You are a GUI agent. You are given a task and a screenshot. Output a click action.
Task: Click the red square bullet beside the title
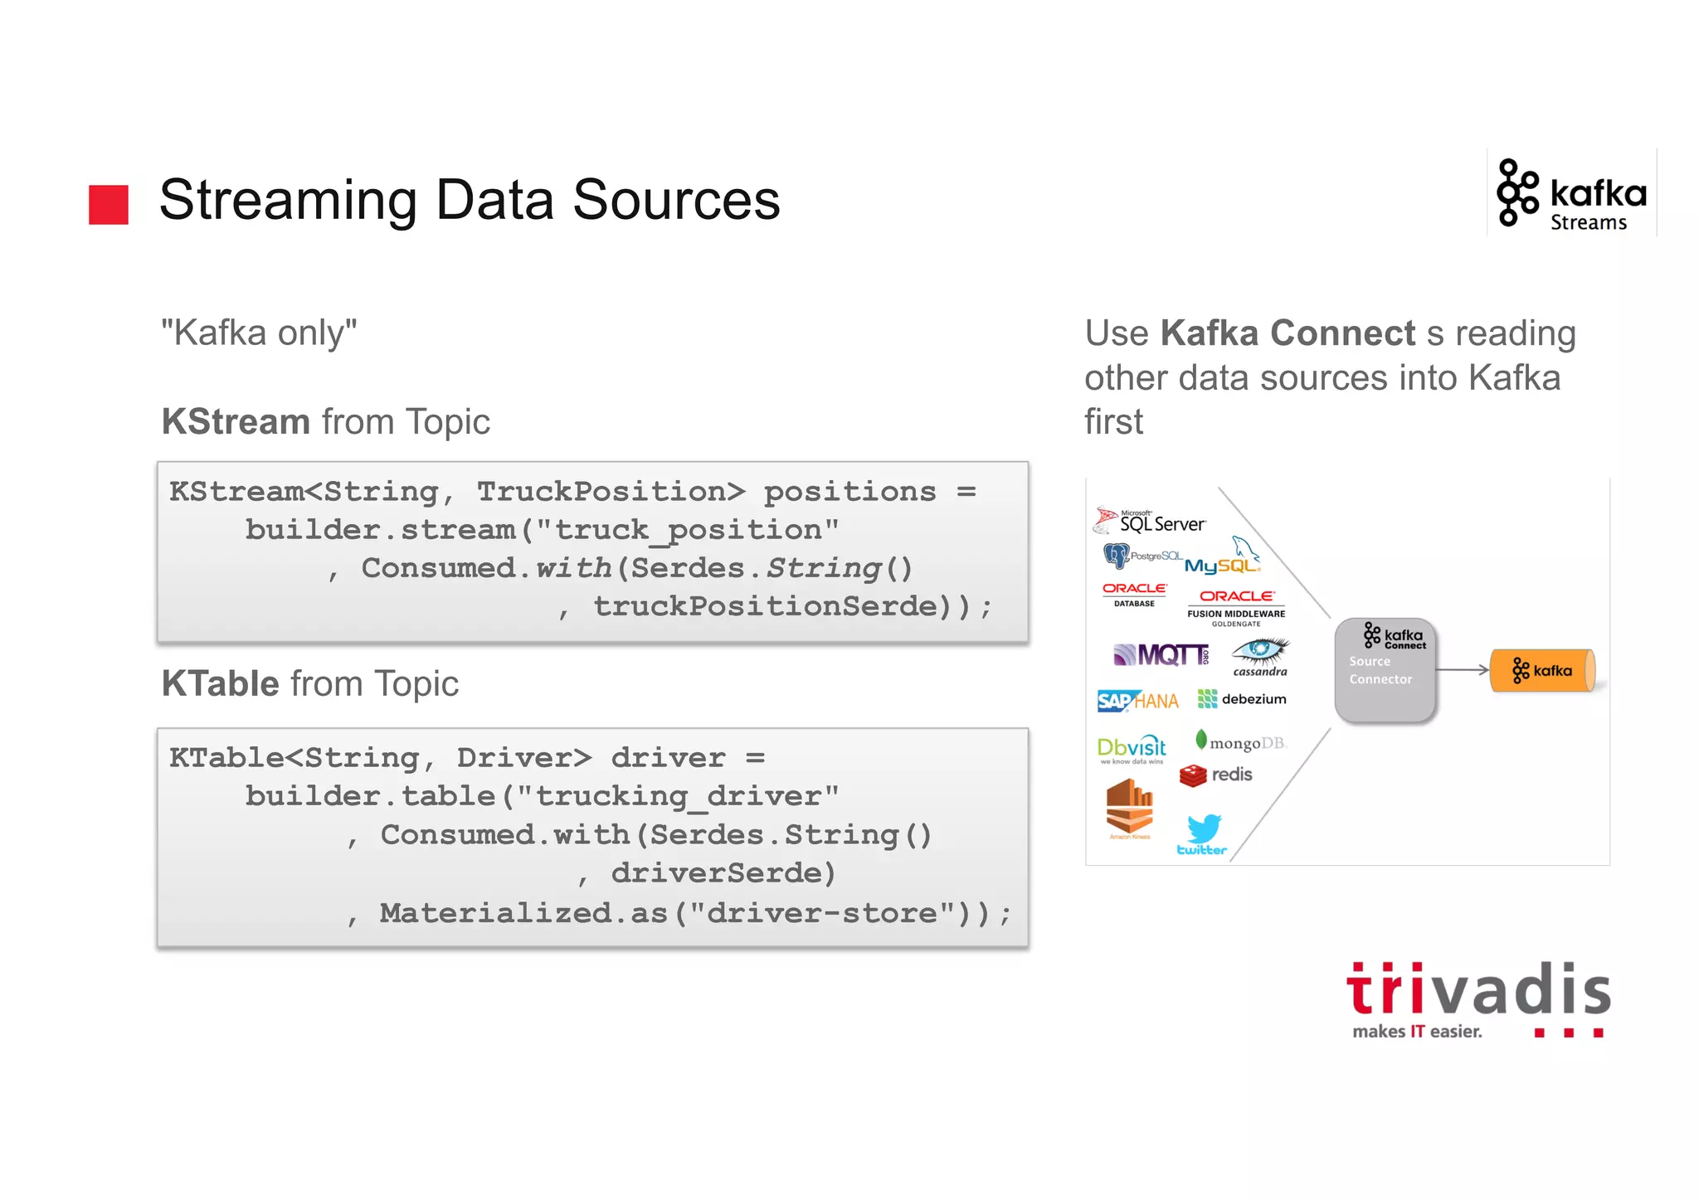point(109,204)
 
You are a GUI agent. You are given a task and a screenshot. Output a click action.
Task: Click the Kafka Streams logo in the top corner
point(1571,195)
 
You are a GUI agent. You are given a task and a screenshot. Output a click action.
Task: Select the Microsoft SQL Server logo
point(1150,521)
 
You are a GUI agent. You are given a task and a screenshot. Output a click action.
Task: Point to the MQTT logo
point(1161,655)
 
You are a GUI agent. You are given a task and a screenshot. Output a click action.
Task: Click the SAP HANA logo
point(1137,702)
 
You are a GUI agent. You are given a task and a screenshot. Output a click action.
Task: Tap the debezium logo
point(1242,699)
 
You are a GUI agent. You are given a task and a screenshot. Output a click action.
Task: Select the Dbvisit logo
point(1131,749)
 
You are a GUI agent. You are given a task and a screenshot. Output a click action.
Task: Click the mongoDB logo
point(1240,741)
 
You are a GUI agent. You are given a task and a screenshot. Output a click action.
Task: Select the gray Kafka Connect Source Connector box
point(1385,670)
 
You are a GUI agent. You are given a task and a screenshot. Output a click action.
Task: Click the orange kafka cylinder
point(1542,670)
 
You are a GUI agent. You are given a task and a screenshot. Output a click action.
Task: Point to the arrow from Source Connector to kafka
point(1462,670)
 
